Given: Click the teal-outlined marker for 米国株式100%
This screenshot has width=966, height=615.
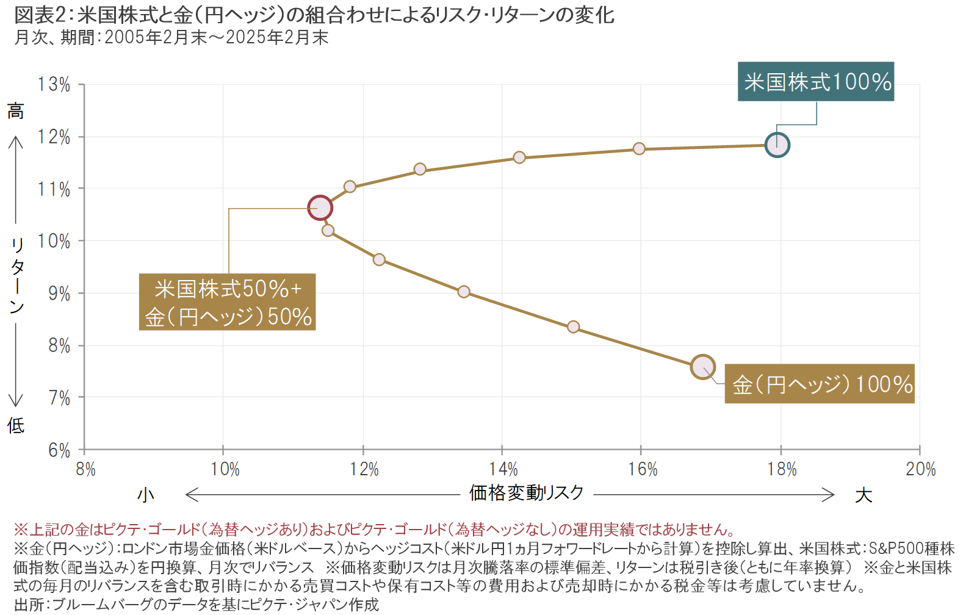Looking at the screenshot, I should click(x=777, y=145).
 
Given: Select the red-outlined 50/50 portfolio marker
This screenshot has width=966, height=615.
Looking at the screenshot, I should click(x=320, y=208).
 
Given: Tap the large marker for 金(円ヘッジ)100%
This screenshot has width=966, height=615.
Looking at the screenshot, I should click(x=703, y=367).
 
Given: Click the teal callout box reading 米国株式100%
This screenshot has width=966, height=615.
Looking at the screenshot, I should click(x=816, y=82).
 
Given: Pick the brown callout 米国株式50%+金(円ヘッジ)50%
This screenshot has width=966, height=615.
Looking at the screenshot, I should click(x=227, y=302).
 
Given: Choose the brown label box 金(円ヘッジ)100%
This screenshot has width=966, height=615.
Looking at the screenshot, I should click(x=820, y=384).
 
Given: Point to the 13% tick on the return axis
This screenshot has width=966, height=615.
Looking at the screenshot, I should click(x=54, y=85).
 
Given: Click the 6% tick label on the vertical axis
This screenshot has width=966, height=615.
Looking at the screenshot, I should click(x=59, y=450).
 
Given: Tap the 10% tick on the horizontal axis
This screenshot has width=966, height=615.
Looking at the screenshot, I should click(x=225, y=469).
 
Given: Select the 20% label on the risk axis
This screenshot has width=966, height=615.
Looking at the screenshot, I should click(x=920, y=469).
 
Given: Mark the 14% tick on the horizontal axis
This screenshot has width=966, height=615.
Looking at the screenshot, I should click(x=503, y=469).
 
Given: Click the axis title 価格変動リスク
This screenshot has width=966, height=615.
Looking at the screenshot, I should click(x=526, y=493).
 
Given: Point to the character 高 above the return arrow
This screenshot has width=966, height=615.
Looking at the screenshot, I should click(x=16, y=111).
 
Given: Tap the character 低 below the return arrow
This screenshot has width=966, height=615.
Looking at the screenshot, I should click(x=16, y=425).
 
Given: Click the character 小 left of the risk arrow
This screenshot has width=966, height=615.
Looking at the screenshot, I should click(x=145, y=494).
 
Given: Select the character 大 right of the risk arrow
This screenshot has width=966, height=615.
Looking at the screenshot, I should click(x=863, y=495).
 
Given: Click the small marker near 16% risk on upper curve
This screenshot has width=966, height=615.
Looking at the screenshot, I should click(x=639, y=149).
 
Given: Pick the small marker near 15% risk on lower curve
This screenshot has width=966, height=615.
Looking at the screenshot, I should click(x=573, y=327).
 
